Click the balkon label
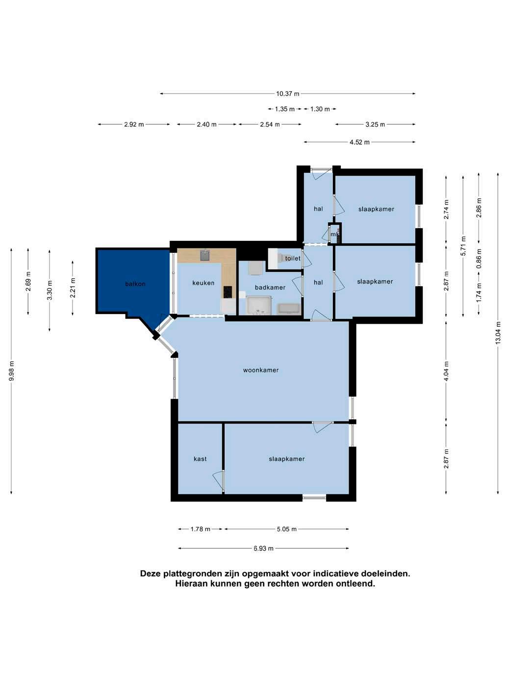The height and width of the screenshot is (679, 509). [135, 284]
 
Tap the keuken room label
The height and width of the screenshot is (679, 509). [203, 283]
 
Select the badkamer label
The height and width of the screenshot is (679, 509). [270, 287]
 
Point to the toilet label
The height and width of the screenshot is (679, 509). [292, 258]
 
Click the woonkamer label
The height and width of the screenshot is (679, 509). [261, 370]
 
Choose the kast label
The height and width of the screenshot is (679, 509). [200, 459]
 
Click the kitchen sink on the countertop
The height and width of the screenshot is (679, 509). [205, 256]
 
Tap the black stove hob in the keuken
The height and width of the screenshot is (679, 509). [228, 292]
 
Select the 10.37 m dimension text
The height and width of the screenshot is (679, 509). [287, 94]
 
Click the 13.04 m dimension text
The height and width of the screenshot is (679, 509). [498, 333]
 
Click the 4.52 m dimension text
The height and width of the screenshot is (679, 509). [359, 142]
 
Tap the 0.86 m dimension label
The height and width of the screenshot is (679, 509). [479, 259]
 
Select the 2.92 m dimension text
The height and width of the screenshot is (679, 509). [134, 125]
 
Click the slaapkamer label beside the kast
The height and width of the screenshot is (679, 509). [286, 459]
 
